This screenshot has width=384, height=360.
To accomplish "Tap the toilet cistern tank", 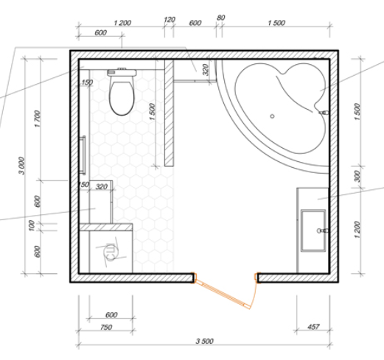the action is click(x=122, y=73).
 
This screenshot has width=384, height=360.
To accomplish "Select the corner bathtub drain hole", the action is click(x=272, y=116).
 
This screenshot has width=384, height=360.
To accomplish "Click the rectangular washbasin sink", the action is click(x=313, y=230).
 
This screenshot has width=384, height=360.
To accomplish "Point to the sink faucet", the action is click(x=323, y=230).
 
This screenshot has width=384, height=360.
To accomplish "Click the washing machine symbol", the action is click(x=111, y=252).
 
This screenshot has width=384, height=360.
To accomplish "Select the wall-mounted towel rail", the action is click(x=83, y=155).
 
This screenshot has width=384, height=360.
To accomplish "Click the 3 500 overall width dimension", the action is click(x=204, y=341).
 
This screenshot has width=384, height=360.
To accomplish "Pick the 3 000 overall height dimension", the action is click(x=21, y=166).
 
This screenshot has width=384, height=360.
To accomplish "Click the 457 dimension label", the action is click(x=313, y=327).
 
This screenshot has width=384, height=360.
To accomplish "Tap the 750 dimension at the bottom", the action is click(x=106, y=328).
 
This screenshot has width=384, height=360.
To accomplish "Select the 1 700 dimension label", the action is click(x=38, y=119).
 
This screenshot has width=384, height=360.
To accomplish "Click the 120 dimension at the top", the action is click(x=169, y=20).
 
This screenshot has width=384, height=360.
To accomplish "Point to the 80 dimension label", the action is click(x=220, y=18).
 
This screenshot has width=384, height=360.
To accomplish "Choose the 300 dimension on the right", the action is click(x=357, y=176).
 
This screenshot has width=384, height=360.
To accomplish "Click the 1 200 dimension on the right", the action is click(x=357, y=230).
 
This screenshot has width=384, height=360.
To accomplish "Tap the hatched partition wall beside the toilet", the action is click(x=169, y=113).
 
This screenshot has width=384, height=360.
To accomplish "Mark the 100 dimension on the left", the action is click(x=32, y=225).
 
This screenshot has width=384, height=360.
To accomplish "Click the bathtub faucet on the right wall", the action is click(x=324, y=113).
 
